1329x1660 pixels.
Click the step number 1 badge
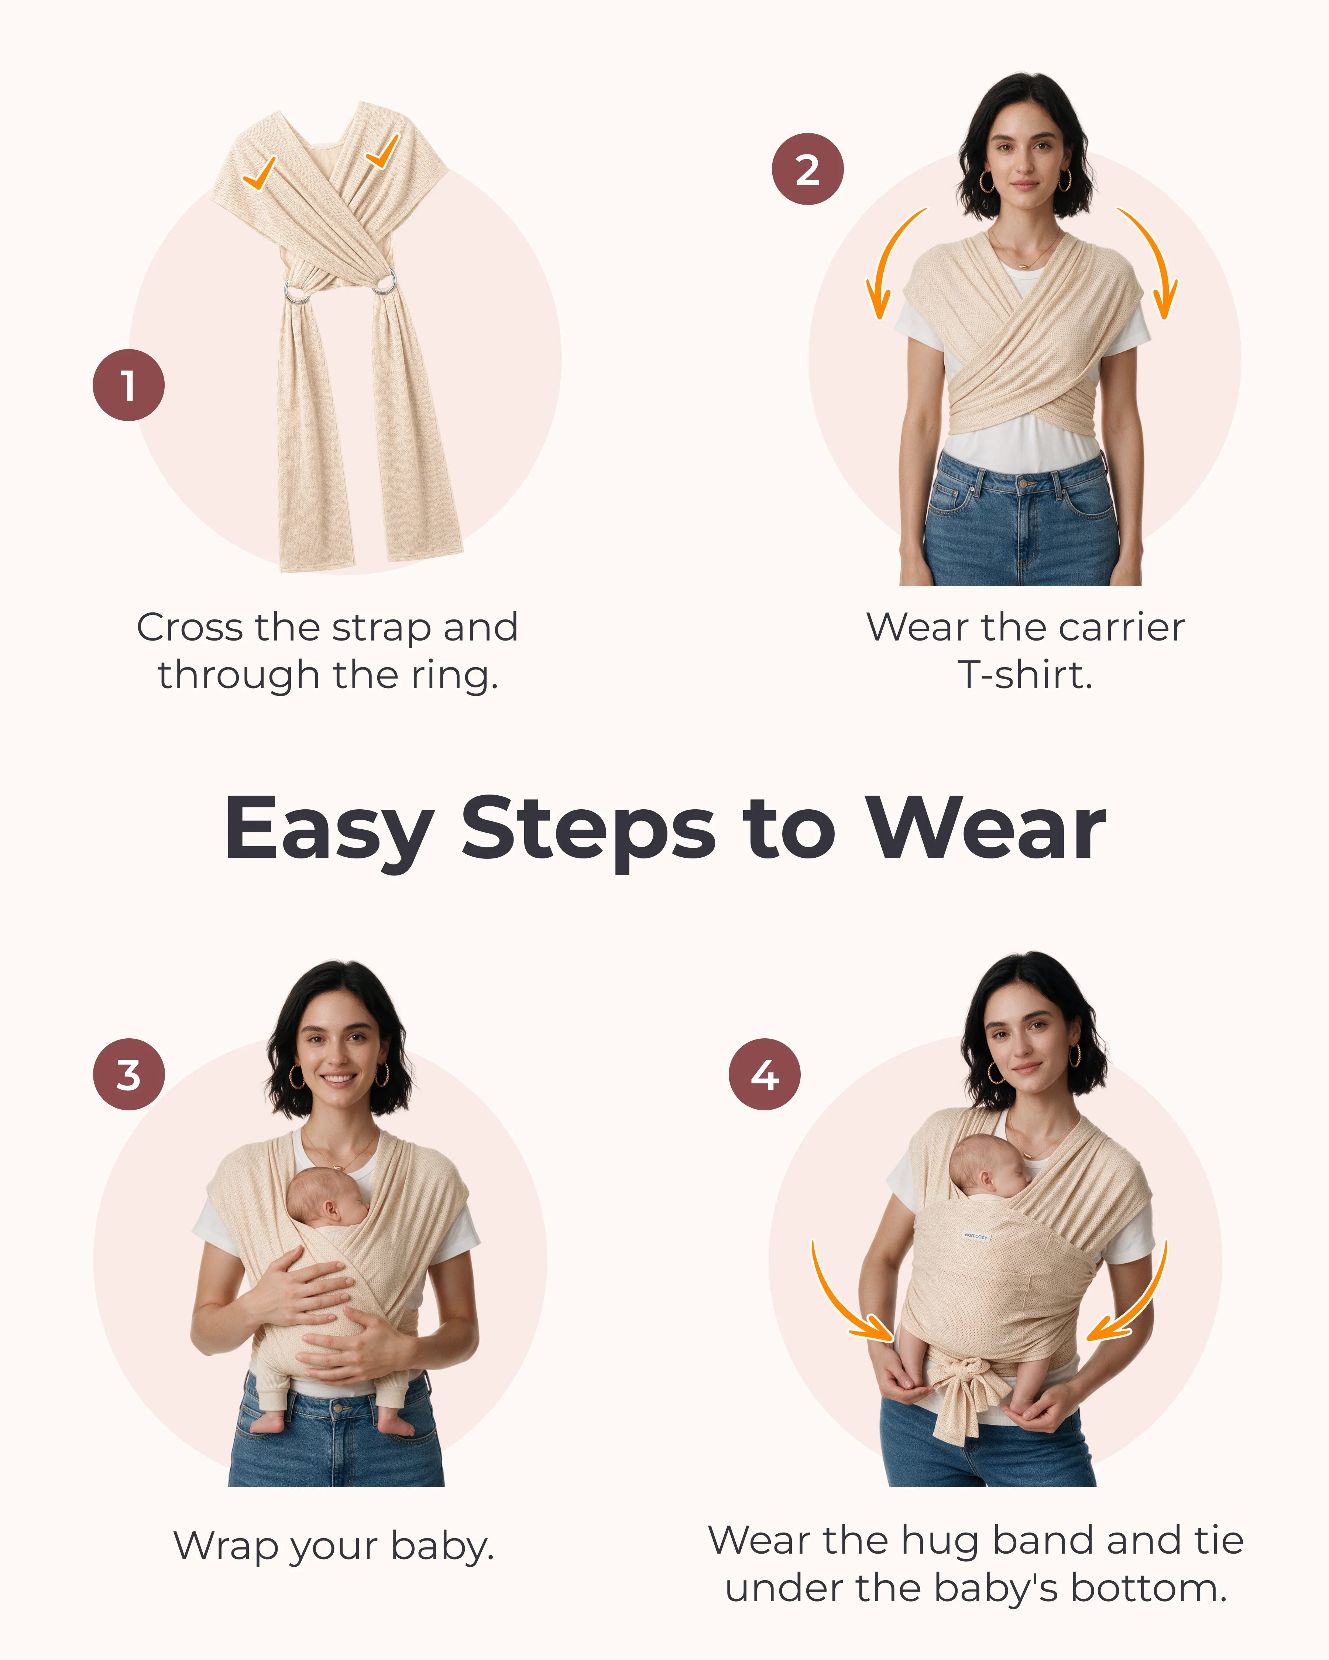(x=128, y=385)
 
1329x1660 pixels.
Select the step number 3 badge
(x=128, y=1074)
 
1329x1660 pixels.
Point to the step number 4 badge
(x=764, y=1074)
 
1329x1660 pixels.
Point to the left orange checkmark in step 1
(x=259, y=173)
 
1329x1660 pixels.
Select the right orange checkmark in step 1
(x=382, y=151)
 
